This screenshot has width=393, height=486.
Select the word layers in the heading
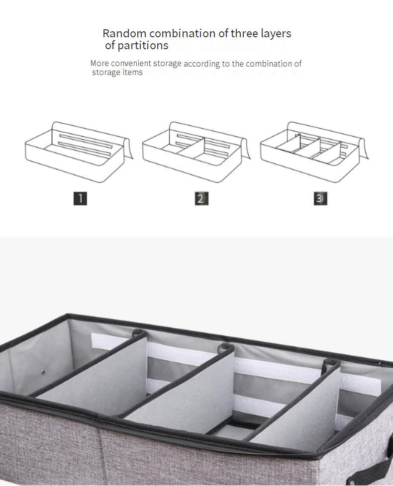276,33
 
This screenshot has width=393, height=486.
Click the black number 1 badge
80,198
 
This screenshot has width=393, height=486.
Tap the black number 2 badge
201,198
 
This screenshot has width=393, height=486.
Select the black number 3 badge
320,198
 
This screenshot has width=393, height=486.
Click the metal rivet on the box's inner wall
43,372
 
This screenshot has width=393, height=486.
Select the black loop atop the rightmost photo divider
330,364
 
